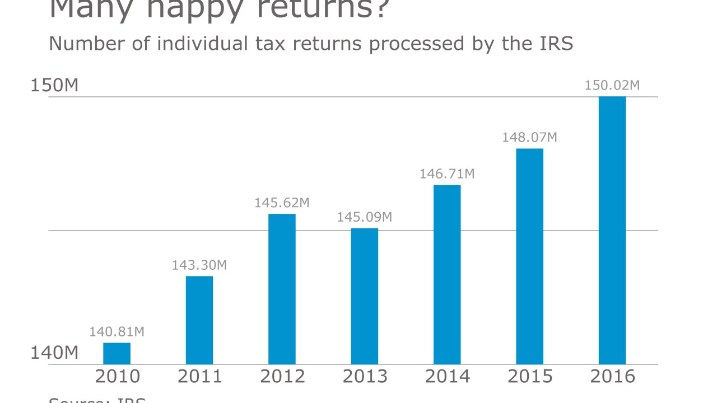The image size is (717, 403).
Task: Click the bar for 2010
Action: pyautogui.click(x=117, y=353)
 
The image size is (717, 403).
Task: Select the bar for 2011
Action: pyautogui.click(x=199, y=320)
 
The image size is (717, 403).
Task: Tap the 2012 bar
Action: pyautogui.click(x=282, y=289)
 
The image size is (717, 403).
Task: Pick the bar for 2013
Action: pyautogui.click(x=365, y=296)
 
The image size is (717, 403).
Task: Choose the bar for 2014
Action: pyautogui.click(x=447, y=274)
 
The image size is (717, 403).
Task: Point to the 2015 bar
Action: pyautogui.click(x=529, y=256)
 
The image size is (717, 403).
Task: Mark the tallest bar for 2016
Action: pyautogui.click(x=612, y=230)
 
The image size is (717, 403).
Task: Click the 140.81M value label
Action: pyautogui.click(x=117, y=332)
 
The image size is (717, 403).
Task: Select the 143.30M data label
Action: pyautogui.click(x=199, y=265)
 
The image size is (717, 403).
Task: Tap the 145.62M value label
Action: pyautogui.click(x=282, y=203)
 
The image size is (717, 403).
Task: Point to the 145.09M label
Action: pyautogui.click(x=365, y=217)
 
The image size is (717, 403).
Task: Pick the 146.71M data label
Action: pyautogui.click(x=447, y=174)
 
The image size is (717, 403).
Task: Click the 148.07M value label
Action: pyautogui.click(x=529, y=137)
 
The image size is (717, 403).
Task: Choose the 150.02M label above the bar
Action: pyautogui.click(x=612, y=86)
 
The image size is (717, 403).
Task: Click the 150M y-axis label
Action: pyautogui.click(x=54, y=86)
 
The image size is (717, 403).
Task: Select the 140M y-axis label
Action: pyautogui.click(x=54, y=353)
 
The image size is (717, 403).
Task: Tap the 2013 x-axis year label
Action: pyautogui.click(x=365, y=377)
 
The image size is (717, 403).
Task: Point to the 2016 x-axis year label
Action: pyautogui.click(x=612, y=377)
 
